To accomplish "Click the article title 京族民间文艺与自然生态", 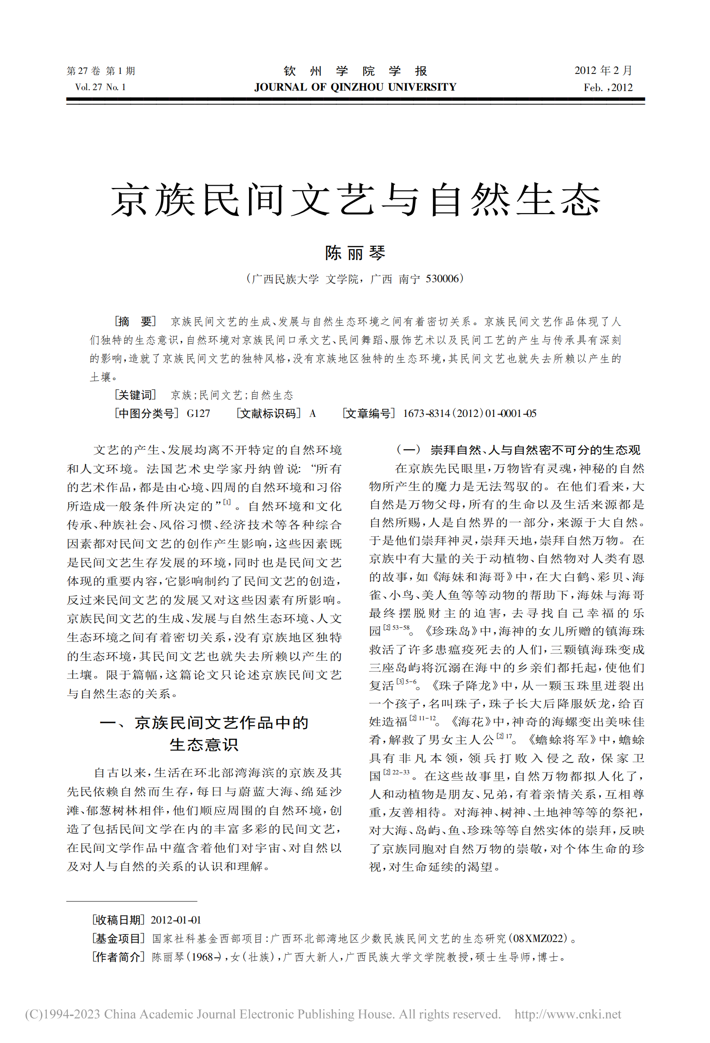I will [x=355, y=200].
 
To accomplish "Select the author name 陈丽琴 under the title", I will [x=355, y=253].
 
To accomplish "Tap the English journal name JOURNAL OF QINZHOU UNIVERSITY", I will [x=355, y=87].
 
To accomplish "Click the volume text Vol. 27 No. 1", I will [x=100, y=87].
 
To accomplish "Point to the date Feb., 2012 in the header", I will [x=608, y=87].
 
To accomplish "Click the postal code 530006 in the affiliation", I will [x=442, y=279].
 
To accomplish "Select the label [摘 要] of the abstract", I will [x=135, y=321].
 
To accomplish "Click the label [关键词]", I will [x=135, y=395].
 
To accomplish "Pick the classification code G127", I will [x=198, y=413].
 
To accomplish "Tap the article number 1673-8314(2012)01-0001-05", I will [x=469, y=413].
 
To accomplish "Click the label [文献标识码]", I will [x=268, y=413].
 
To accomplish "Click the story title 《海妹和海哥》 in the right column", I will [x=471, y=577].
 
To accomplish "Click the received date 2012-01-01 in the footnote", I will [x=175, y=920].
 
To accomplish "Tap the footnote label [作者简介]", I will [x=118, y=957].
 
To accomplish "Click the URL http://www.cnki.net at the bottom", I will [x=567, y=1014].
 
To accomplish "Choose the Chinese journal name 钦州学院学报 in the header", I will [x=355, y=71].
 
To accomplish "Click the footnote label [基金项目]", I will [x=118, y=938].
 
